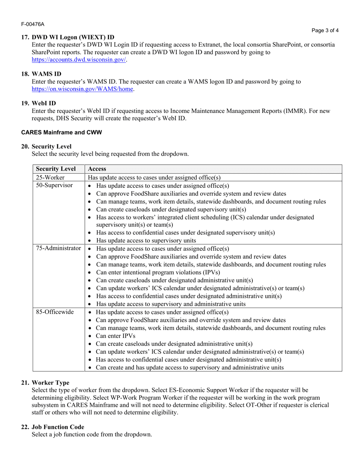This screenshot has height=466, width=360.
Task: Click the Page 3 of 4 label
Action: [325, 31]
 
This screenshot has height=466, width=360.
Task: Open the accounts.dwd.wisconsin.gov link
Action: [79, 60]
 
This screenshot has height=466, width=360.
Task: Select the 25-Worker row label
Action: [50, 177]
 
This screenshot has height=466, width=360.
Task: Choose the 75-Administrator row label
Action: [58, 249]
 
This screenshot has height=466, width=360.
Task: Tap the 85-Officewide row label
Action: [55, 312]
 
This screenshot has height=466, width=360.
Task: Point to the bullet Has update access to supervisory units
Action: [146, 241]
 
